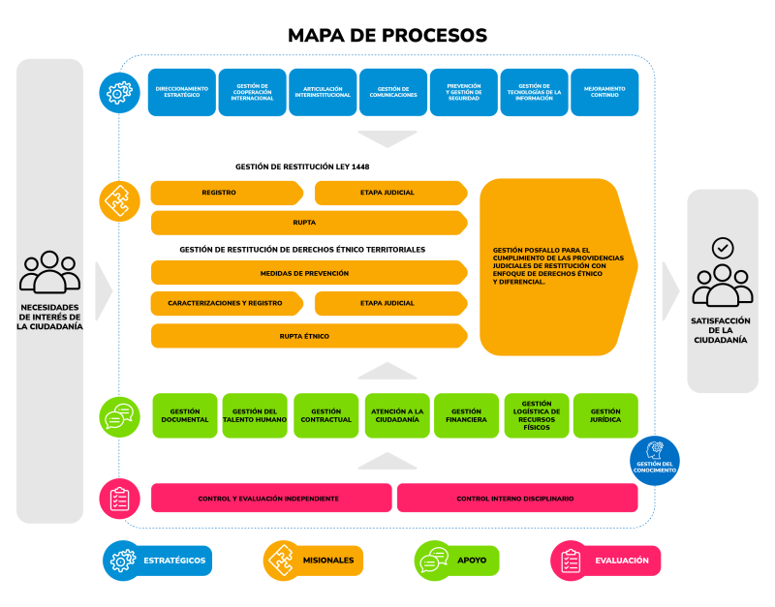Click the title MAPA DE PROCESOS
click(x=387, y=36)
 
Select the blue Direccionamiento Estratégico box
click(x=182, y=92)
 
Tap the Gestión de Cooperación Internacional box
click(x=252, y=92)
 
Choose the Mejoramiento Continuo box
click(x=604, y=92)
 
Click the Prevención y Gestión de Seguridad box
click(x=463, y=92)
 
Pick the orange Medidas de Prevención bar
click(x=304, y=273)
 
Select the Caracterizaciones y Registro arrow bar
click(x=226, y=303)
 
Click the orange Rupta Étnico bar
click(x=304, y=336)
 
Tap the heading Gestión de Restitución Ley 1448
click(x=301, y=167)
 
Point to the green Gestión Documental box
click(x=185, y=415)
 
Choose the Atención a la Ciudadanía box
click(x=395, y=415)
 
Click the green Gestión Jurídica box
click(x=605, y=415)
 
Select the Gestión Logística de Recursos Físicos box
click(x=536, y=415)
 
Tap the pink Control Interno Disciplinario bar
click(x=516, y=498)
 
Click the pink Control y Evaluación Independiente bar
click(x=270, y=498)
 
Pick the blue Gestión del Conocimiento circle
click(x=655, y=456)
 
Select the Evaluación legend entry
click(x=605, y=560)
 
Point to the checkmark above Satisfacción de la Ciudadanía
click(x=723, y=248)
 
